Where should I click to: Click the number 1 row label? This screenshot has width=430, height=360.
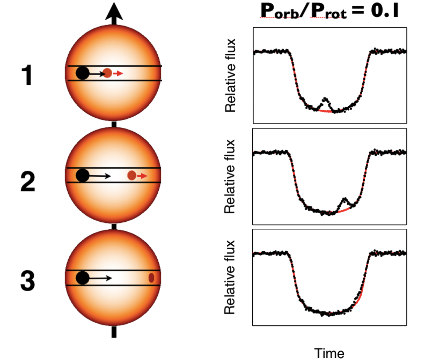pos(27,76)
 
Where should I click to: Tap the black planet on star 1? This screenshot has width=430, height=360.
pos(82,73)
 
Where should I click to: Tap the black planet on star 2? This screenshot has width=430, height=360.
pos(82,175)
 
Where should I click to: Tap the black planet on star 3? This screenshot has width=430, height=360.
pos(82,278)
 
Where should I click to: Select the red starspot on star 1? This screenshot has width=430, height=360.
pos(108,73)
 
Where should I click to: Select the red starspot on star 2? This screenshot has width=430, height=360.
pos(132,175)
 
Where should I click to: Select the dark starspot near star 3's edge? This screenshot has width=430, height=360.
pos(151,278)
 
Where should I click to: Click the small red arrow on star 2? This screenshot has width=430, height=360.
pos(142,175)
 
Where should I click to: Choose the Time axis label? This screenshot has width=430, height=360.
pos(329,353)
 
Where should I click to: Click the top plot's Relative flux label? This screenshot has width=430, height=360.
pos(230,76)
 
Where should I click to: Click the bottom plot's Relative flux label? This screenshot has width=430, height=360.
pos(230,277)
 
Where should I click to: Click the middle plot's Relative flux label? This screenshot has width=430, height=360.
pos(230,176)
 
